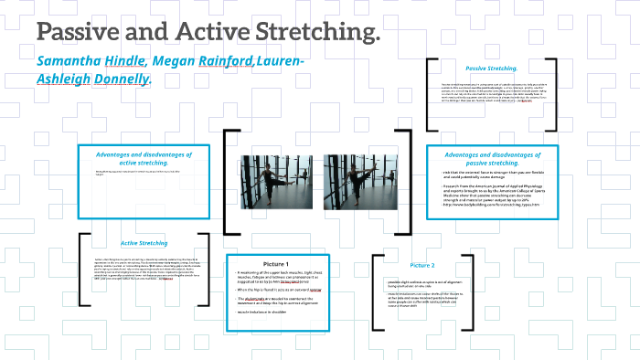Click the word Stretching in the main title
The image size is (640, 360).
click(x=307, y=33)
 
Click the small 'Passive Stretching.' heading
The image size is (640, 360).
click(x=491, y=69)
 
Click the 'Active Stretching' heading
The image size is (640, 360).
click(x=144, y=243)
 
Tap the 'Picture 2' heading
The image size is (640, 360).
click(x=422, y=265)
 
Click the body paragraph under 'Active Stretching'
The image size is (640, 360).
click(x=144, y=269)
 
